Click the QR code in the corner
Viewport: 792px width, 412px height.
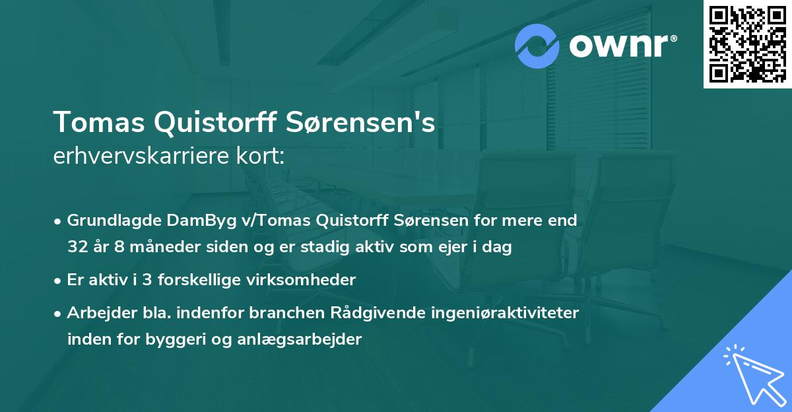tap(747, 44)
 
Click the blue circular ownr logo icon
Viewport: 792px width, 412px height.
tap(538, 46)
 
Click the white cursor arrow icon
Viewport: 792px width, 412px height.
tap(753, 374)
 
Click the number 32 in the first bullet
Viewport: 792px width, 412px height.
tap(77, 247)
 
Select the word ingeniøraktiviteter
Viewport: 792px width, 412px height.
tap(505, 312)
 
